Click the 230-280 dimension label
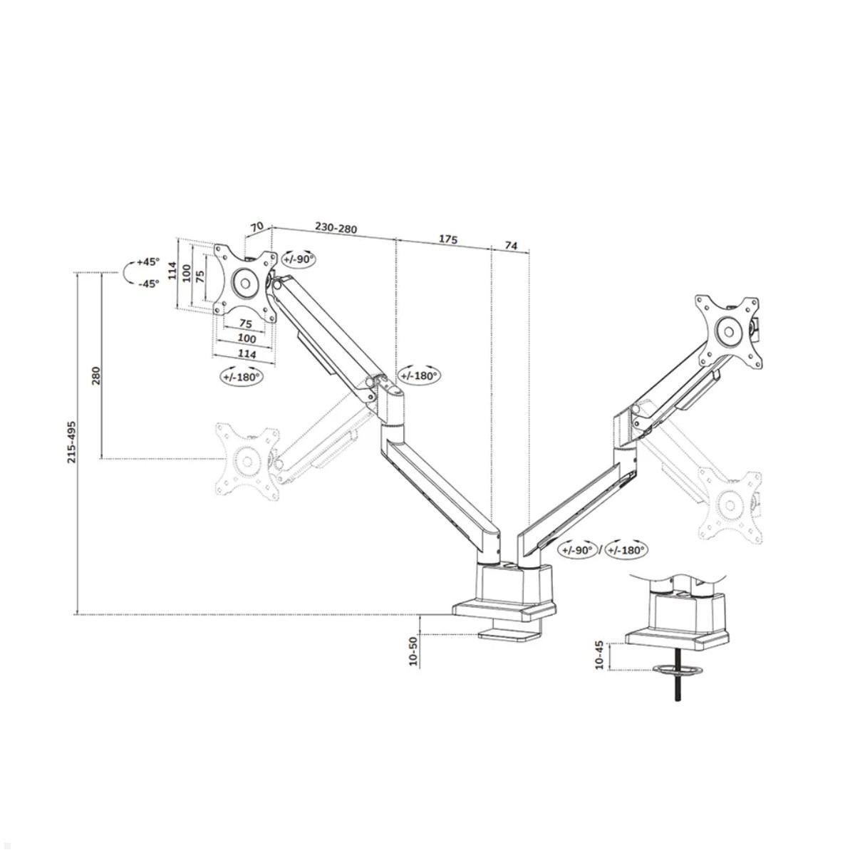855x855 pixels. click(x=336, y=229)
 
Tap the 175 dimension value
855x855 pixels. click(x=447, y=239)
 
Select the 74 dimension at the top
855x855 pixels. click(x=511, y=245)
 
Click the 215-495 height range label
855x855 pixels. click(x=72, y=442)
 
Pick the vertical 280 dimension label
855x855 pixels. click(x=95, y=375)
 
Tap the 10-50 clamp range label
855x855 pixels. click(x=413, y=651)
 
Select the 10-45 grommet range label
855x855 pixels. click(x=598, y=655)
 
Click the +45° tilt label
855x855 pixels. click(x=148, y=261)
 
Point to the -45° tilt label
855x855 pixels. click(x=148, y=283)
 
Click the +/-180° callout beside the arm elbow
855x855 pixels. click(x=419, y=375)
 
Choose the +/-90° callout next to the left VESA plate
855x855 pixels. click(x=298, y=259)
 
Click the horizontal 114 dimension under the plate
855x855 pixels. click(x=247, y=353)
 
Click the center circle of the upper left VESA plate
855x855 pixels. click(x=244, y=282)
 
